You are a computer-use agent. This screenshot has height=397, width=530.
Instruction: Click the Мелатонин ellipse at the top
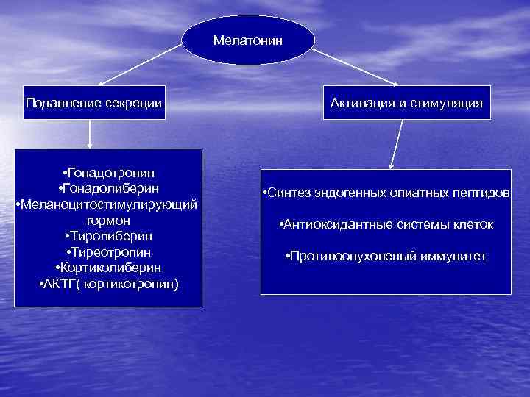(247, 38)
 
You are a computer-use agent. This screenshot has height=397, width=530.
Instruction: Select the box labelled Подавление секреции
(93, 102)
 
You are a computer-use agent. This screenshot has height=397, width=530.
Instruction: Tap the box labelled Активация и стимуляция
(406, 102)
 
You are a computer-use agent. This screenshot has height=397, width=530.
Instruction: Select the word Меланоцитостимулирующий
(107, 204)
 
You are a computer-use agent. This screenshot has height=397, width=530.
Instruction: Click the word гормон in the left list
(107, 220)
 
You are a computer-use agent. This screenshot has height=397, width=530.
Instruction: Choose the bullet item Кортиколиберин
(108, 267)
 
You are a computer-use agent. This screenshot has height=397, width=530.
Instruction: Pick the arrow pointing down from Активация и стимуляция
(397, 143)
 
